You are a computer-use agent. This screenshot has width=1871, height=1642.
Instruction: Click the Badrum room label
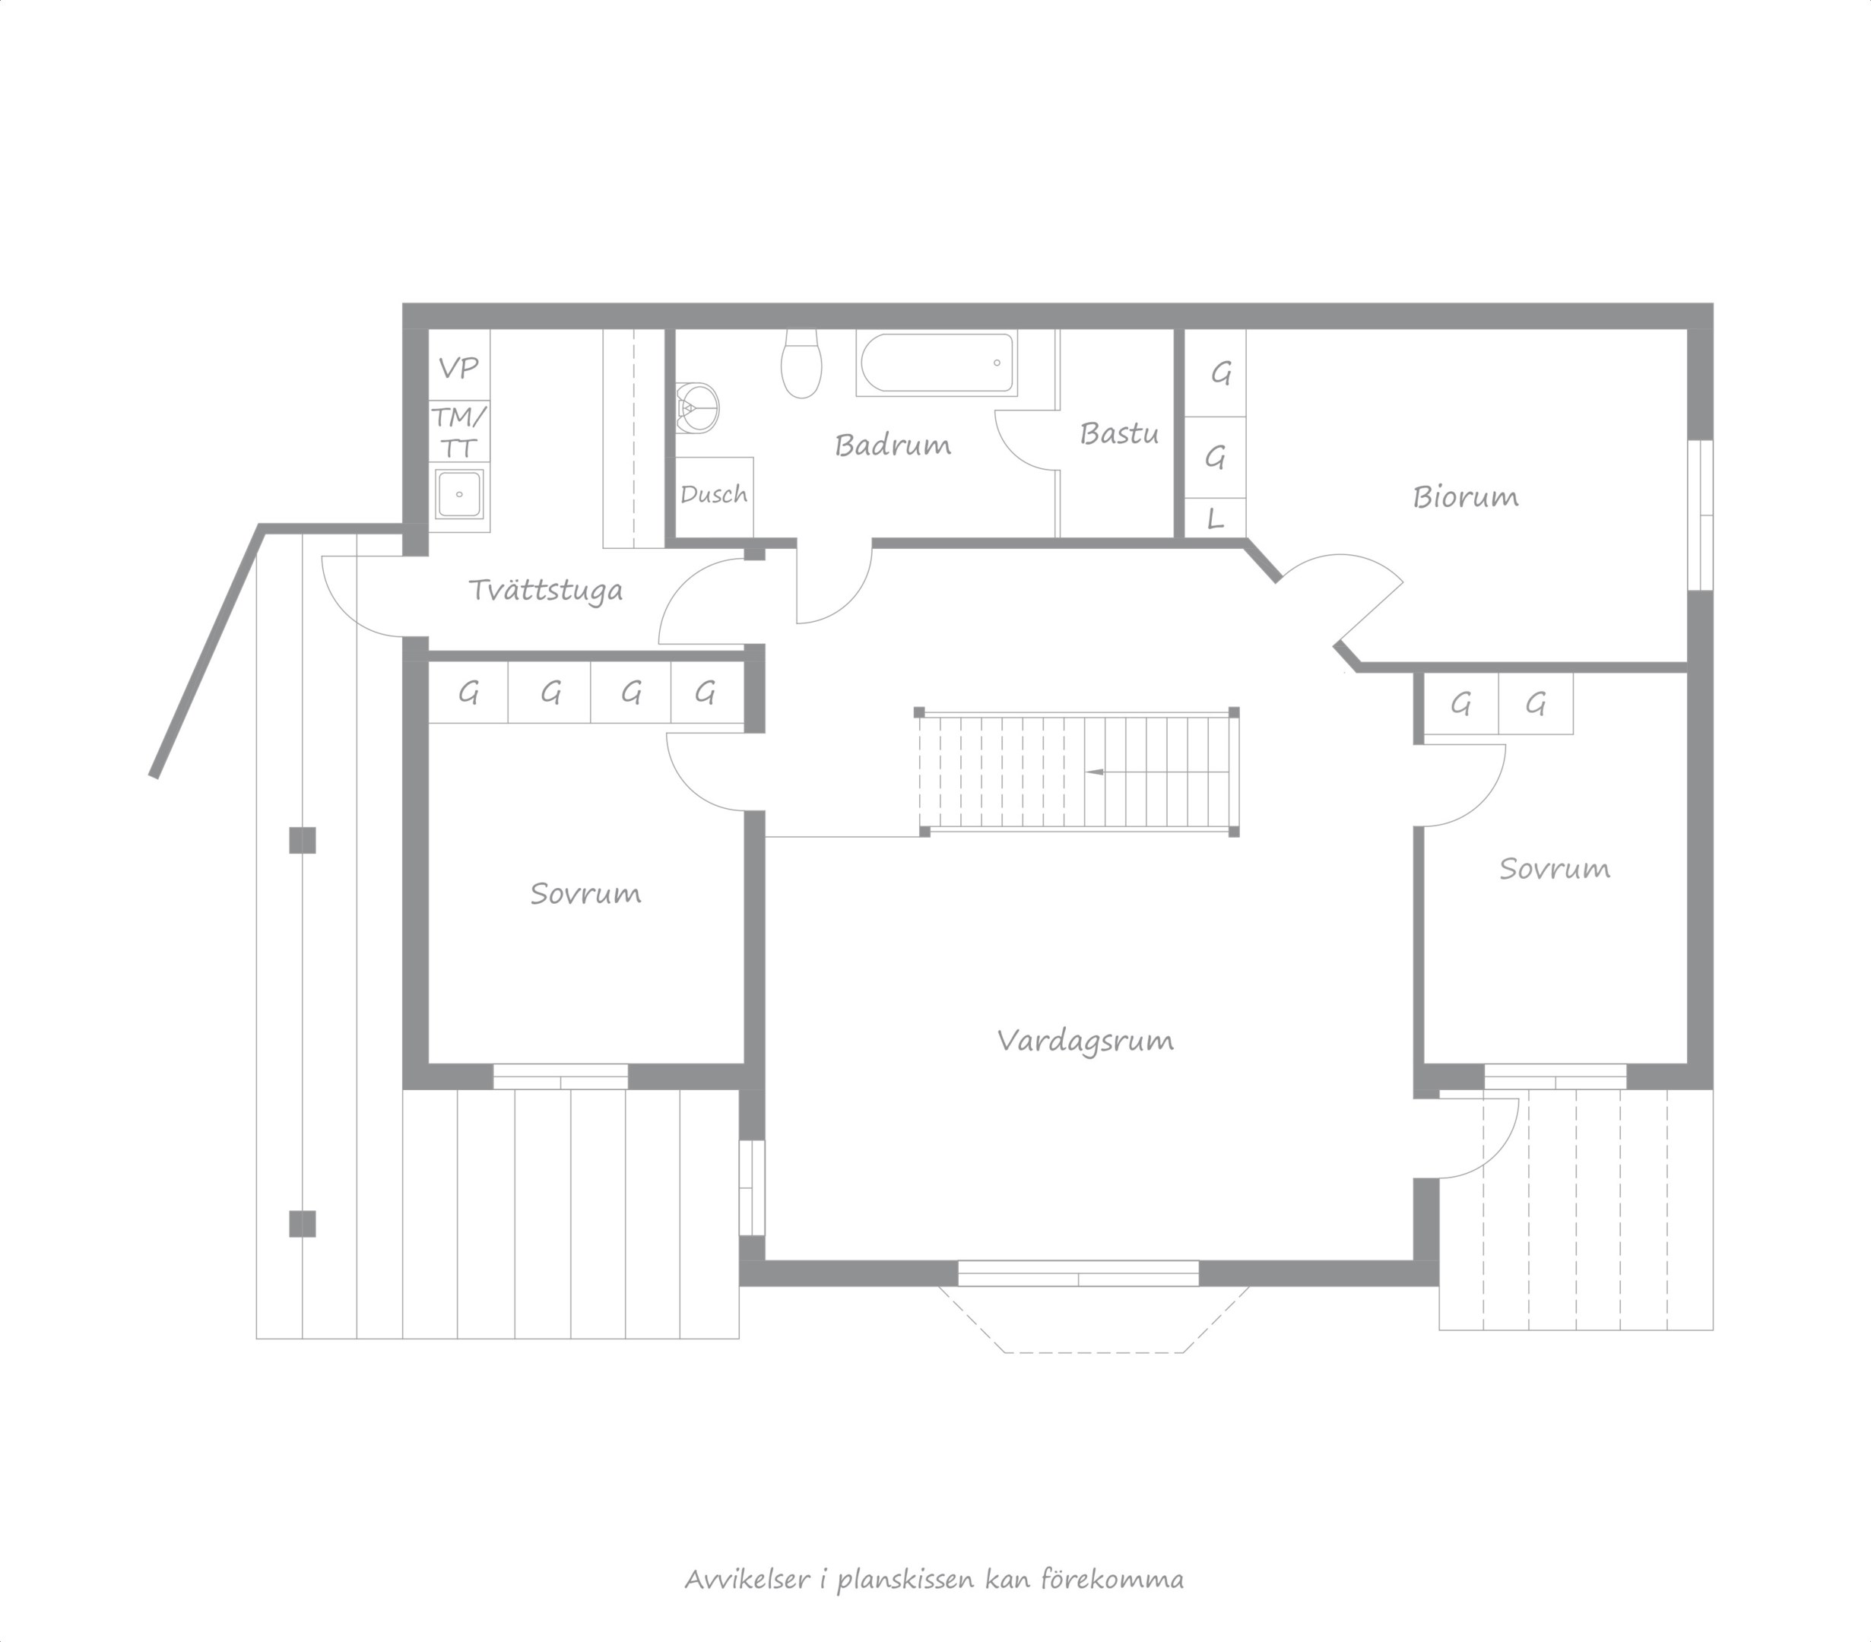click(x=893, y=445)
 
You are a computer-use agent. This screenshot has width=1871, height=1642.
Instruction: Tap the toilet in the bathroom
click(x=802, y=363)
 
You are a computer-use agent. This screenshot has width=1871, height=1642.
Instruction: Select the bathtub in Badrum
click(x=937, y=363)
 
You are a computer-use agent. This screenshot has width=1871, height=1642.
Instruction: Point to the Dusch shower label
click(x=714, y=494)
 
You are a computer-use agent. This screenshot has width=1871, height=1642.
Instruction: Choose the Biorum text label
click(x=1466, y=497)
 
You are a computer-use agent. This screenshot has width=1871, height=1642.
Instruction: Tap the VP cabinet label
click(x=458, y=368)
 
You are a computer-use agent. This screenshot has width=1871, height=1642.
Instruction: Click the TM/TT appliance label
click(x=458, y=432)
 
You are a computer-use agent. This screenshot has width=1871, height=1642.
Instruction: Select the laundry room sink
click(x=459, y=493)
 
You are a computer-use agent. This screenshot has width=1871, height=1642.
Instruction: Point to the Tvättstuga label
click(x=546, y=591)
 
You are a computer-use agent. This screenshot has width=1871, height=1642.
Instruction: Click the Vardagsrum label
click(x=1086, y=1041)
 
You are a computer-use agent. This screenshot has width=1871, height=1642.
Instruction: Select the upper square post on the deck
click(x=302, y=840)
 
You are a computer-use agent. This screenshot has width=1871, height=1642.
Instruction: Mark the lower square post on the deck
click(x=302, y=1224)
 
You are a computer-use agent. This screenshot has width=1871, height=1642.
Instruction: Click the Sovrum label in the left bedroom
click(x=586, y=893)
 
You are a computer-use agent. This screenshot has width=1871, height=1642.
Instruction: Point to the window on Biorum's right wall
click(x=1701, y=515)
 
